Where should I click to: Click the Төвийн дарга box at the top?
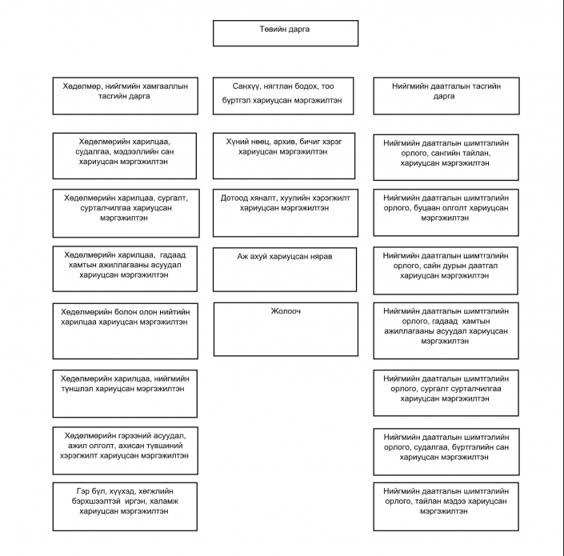pyautogui.click(x=286, y=33)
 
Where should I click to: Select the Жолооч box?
pyautogui.click(x=286, y=329)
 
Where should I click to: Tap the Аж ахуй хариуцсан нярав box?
pyautogui.click(x=285, y=270)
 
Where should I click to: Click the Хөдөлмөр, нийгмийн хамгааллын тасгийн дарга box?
pyautogui.click(x=125, y=96)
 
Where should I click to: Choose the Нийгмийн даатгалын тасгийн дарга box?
pyautogui.click(x=446, y=96)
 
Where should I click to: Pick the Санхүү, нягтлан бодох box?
pyautogui.click(x=283, y=96)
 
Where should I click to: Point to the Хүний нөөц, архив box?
pyautogui.click(x=284, y=156)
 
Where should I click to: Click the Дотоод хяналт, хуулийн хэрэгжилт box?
pyautogui.click(x=286, y=213)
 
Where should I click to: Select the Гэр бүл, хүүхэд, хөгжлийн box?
pyautogui.click(x=125, y=506)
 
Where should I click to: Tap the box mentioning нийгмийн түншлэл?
pyautogui.click(x=125, y=394)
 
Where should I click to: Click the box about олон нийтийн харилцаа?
pyautogui.click(x=125, y=331)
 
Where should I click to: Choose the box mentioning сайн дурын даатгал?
pyautogui.click(x=446, y=270)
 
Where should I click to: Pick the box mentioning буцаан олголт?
pyautogui.click(x=446, y=213)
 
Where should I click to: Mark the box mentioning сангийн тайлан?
pyautogui.click(x=446, y=157)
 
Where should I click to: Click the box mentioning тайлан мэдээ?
pyautogui.click(x=446, y=506)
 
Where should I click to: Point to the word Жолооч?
pyautogui.click(x=286, y=311)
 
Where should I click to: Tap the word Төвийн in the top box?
pyautogui.click(x=271, y=29)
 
